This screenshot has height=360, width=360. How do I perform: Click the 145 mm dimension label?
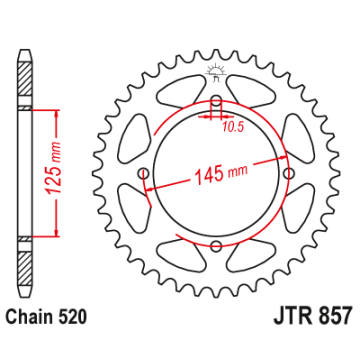[x=221, y=174]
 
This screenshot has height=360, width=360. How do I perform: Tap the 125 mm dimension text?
[x=53, y=168]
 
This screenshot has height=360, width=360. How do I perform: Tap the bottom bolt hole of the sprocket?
[x=216, y=246]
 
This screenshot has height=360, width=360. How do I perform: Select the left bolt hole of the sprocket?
[x=143, y=173]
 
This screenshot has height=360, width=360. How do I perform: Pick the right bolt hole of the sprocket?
[x=290, y=173]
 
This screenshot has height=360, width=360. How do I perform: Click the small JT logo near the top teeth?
[x=216, y=73]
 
